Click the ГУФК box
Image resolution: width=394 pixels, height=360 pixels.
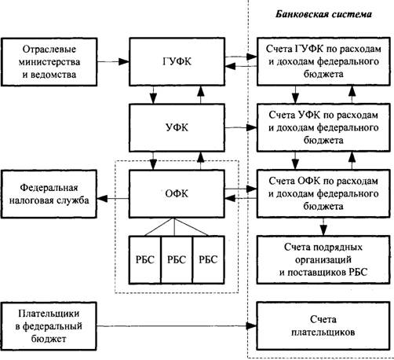coord(177,61)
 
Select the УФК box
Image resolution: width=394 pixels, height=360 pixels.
coord(177,127)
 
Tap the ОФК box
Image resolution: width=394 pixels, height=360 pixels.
coord(177,193)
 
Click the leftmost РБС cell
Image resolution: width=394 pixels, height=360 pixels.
coord(145,260)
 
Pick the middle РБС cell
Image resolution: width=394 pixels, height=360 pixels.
coord(177,260)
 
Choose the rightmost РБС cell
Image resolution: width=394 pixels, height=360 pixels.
coord(209,260)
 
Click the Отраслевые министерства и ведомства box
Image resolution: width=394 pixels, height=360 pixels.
coord(49,62)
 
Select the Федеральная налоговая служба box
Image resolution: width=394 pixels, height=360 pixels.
coord(49,194)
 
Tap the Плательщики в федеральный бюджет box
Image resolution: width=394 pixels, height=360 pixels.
coord(49,326)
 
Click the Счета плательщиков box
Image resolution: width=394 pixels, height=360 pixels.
coord(323,326)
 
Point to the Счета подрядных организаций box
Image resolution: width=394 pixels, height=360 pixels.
coord(323,259)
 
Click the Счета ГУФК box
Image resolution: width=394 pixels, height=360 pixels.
coord(323,61)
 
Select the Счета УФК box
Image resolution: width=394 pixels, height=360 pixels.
coord(323,127)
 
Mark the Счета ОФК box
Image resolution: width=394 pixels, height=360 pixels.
coord(323,193)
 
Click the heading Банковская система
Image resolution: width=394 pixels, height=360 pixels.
coord(323,14)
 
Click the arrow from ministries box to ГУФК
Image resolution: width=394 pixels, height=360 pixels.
coord(113,61)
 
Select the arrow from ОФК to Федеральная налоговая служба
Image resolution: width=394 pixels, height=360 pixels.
coord(113,199)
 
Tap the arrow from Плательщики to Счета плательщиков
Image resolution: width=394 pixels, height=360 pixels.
coord(177,326)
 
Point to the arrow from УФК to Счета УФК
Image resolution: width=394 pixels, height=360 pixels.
coord(241,127)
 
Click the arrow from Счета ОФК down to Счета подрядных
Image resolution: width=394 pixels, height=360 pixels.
coord(323,226)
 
